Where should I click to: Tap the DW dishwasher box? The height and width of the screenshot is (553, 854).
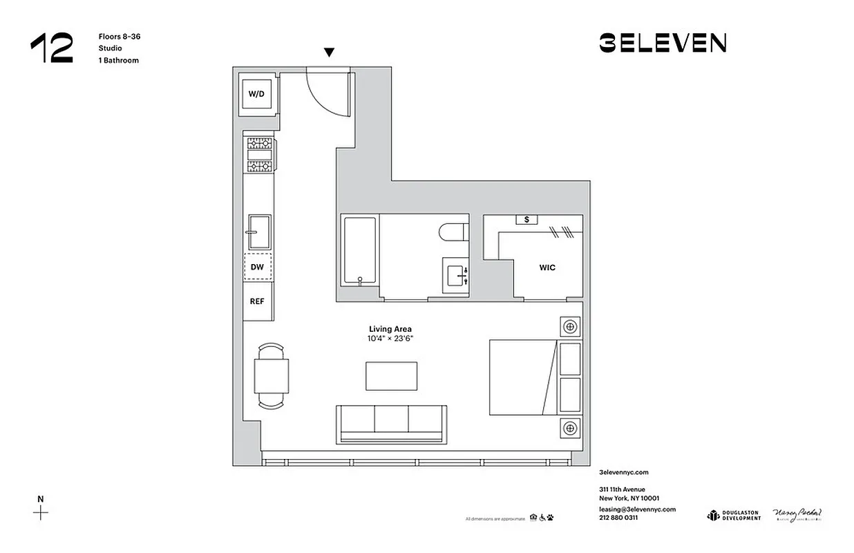257,266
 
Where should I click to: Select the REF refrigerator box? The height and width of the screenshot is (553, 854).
257,301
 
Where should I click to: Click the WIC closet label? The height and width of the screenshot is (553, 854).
547,268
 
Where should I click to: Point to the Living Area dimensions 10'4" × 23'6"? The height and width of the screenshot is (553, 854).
390,339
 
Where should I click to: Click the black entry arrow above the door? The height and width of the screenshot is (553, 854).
330,53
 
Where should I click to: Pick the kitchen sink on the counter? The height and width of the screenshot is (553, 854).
259,232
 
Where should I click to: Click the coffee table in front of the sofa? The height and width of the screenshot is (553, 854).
391,376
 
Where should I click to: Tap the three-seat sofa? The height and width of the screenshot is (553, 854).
390,423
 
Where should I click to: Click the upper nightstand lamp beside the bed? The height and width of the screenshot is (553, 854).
570,326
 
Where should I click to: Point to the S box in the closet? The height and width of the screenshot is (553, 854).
527,219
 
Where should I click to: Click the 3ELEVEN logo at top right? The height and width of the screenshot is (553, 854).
662,44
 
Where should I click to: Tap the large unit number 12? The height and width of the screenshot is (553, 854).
51,48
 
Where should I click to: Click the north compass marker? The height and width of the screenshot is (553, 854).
41,512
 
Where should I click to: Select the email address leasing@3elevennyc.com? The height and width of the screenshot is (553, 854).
637,509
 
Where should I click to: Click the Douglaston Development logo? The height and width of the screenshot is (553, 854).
733,515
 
